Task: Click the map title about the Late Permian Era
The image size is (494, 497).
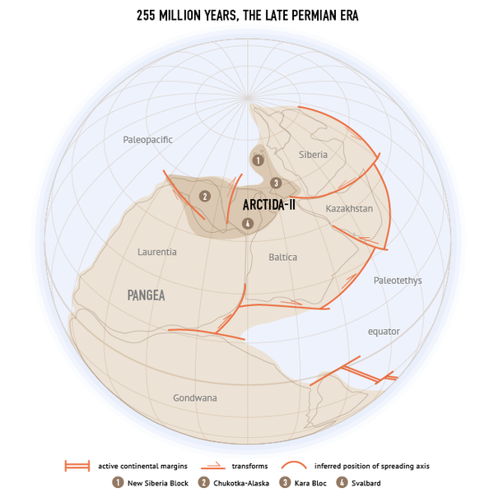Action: click(x=247, y=16)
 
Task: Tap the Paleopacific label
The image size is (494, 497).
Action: click(x=147, y=140)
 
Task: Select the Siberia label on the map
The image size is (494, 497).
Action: click(x=313, y=155)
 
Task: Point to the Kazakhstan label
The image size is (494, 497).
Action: click(x=349, y=209)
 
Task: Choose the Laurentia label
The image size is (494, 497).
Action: click(x=156, y=252)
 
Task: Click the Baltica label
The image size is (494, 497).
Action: click(x=282, y=258)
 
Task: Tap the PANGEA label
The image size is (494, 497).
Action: click(x=147, y=295)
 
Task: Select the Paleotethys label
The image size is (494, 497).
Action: click(x=397, y=281)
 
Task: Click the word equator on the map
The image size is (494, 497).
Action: click(x=384, y=332)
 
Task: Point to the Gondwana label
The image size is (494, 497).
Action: click(x=195, y=398)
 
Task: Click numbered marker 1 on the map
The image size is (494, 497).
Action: click(x=258, y=160)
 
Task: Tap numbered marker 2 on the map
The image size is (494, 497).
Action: click(x=205, y=196)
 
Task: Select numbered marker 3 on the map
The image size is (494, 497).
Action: click(x=276, y=183)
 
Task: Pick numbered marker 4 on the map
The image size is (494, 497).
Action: click(x=247, y=223)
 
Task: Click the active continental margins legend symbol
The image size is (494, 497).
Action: click(x=77, y=467)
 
